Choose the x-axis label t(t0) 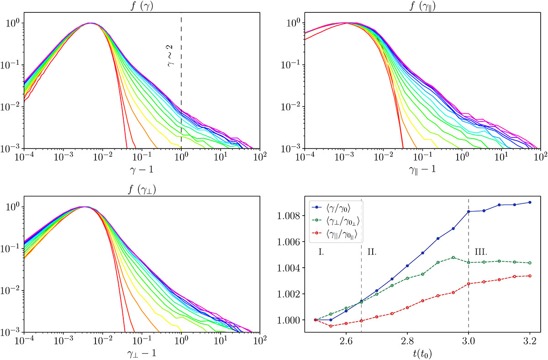422,352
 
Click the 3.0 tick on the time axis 469,341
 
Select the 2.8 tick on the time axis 407,341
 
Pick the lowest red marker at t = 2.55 331,326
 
